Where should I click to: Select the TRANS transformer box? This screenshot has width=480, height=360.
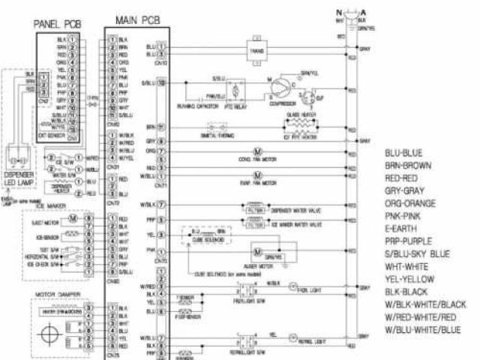pos(252,51)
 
